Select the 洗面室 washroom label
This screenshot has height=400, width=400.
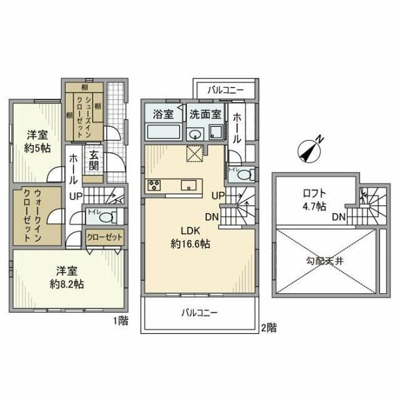click(x=206, y=114)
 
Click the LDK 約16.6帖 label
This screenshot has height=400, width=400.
click(x=190, y=237)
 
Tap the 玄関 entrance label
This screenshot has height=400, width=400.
click(x=94, y=161)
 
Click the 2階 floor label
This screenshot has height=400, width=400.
click(x=269, y=326)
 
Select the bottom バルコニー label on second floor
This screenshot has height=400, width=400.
click(x=199, y=312)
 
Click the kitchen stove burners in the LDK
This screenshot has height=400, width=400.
click(x=154, y=185)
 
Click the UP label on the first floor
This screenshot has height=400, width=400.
click(x=75, y=196)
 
